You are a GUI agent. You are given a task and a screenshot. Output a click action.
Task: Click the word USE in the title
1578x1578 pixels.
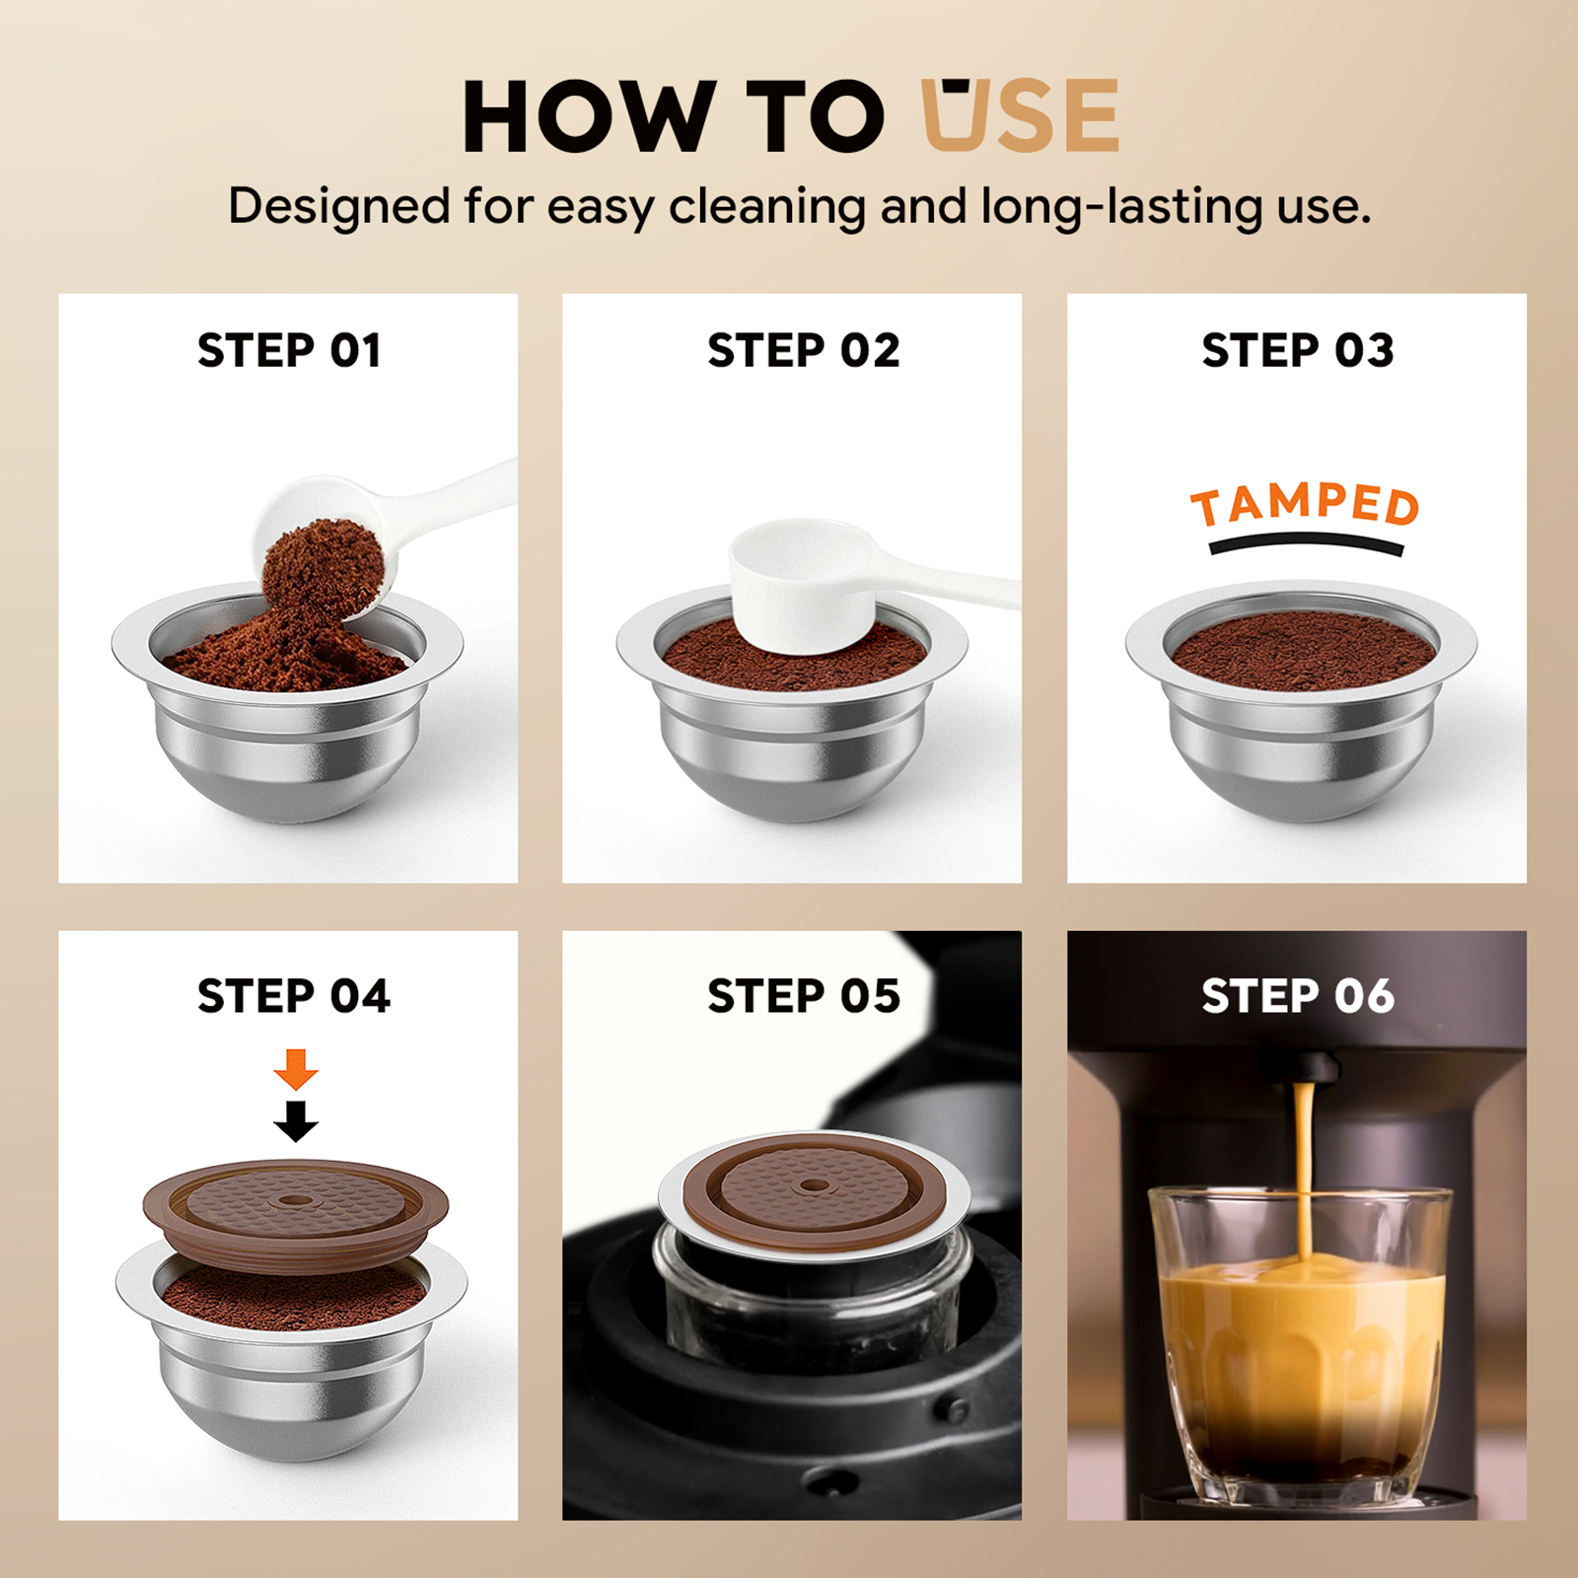coord(1020,115)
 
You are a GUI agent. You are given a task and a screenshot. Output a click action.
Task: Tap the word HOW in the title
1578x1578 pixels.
coord(589,116)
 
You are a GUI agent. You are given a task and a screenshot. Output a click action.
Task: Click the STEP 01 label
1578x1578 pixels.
coord(289,350)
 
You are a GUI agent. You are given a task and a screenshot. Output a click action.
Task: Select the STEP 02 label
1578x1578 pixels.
coord(804,350)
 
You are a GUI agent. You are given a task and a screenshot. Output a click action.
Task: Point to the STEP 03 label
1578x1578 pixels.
coord(1298,350)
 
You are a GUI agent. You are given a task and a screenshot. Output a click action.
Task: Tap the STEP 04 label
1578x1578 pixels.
coord(294,996)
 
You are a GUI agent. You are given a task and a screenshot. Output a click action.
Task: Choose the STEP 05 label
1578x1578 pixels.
coord(804,996)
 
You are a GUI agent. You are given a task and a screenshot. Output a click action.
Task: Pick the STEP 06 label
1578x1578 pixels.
coord(1298,996)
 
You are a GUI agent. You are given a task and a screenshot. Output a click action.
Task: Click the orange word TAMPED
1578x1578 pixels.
coord(1305,505)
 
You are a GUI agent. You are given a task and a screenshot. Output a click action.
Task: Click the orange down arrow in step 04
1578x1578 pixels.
coord(296,1069)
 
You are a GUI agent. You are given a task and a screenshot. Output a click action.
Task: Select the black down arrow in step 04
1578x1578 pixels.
coord(296,1121)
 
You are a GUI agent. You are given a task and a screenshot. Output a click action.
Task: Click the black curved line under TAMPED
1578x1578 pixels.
coord(1306,541)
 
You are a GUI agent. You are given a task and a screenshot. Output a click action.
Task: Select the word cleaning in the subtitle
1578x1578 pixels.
coord(768,207)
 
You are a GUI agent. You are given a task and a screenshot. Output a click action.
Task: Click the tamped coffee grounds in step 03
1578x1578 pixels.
coord(1302,651)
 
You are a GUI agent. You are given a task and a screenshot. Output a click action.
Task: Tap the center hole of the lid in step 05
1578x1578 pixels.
coord(814,1184)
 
